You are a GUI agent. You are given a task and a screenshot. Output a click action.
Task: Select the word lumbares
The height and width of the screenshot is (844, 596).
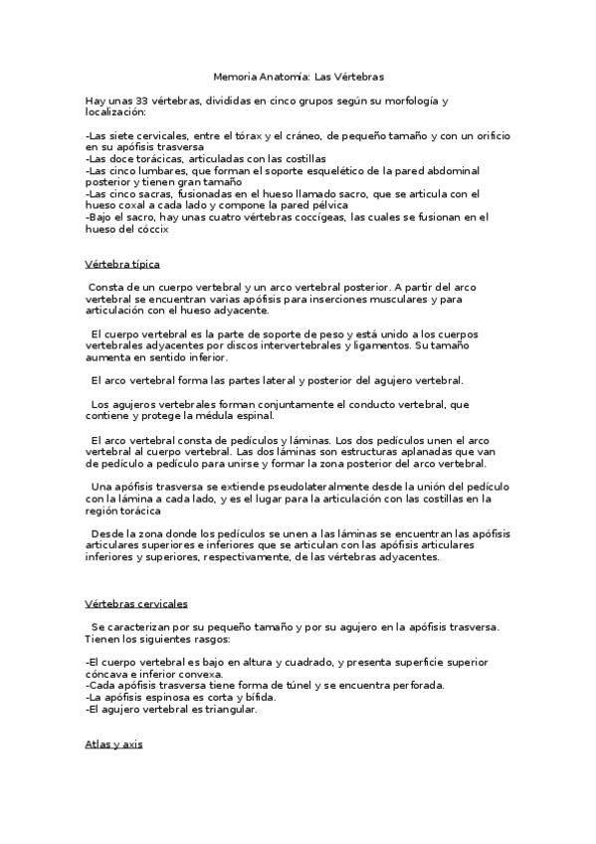(148, 170)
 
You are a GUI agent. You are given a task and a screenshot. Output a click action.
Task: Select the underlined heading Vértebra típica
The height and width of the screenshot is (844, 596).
(122, 265)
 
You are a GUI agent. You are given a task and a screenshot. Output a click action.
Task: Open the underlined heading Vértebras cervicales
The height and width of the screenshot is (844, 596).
(136, 604)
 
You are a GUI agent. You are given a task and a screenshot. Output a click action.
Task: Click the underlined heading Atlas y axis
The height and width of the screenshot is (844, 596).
(113, 744)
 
